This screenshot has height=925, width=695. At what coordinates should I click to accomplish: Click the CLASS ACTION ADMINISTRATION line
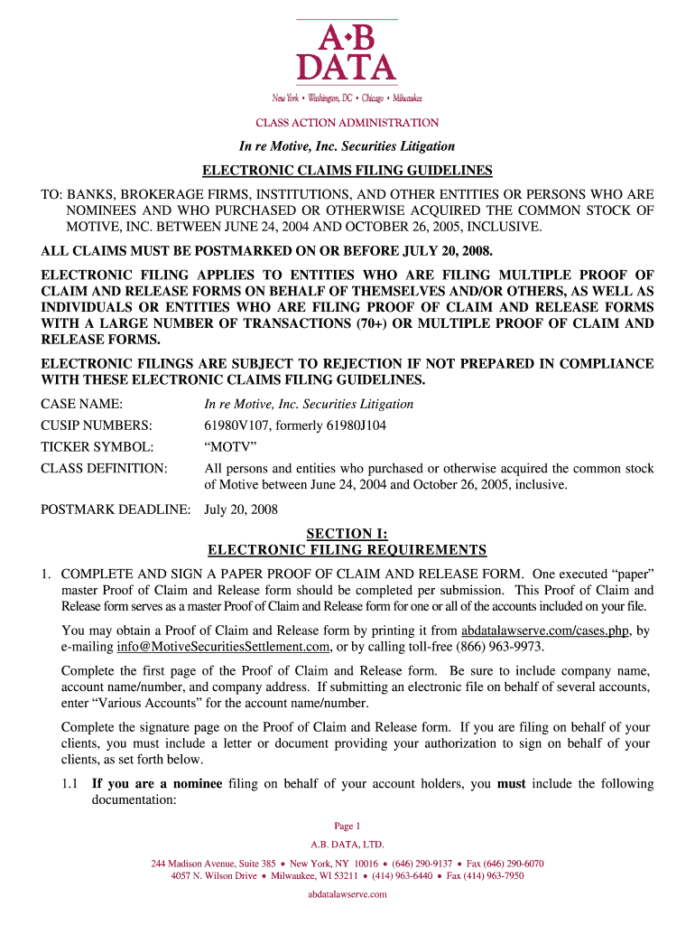click(347, 122)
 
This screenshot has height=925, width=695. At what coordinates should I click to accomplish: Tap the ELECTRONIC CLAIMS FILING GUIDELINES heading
click(347, 170)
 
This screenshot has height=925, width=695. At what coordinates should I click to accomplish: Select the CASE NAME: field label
click(82, 404)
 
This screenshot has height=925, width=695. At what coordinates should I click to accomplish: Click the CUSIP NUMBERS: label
click(97, 425)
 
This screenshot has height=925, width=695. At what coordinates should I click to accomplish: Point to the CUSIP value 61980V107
click(237, 425)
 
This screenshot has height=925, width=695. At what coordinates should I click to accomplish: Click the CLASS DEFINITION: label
click(104, 469)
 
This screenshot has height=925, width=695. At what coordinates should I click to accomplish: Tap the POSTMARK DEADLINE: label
click(116, 509)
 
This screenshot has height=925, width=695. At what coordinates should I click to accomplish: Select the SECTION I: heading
click(347, 534)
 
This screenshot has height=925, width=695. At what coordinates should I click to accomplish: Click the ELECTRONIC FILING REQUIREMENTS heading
click(347, 550)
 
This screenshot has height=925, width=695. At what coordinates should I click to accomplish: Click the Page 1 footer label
click(347, 826)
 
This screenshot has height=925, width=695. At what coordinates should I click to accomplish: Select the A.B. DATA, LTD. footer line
click(347, 846)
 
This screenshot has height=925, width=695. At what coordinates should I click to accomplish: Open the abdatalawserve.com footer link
click(347, 894)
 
